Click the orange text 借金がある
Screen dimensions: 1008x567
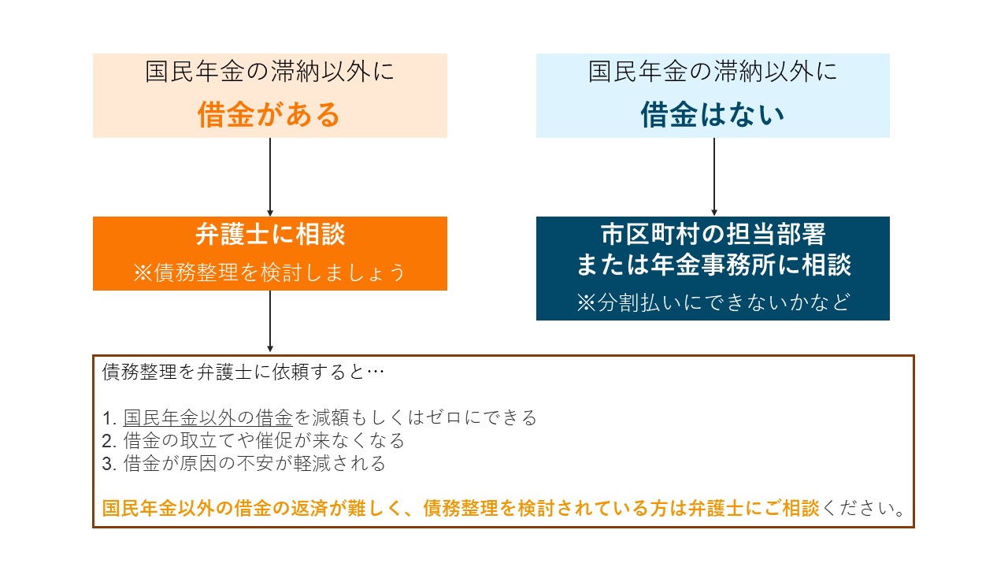click(269, 114)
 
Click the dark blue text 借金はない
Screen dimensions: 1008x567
click(713, 114)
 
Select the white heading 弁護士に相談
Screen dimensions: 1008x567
click(270, 234)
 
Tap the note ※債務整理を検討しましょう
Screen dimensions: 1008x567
click(269, 272)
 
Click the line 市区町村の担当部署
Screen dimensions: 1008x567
click(713, 234)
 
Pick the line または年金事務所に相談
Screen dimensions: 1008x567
click(713, 264)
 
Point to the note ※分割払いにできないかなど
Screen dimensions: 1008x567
click(713, 302)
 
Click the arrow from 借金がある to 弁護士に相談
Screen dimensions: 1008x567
click(270, 177)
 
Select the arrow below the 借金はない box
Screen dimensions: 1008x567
click(714, 177)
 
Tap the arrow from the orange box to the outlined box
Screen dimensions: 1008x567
click(270, 321)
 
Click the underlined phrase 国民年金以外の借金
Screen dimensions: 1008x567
click(208, 417)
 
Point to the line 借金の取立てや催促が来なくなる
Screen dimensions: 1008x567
click(264, 440)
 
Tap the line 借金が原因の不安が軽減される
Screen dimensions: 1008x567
click(254, 464)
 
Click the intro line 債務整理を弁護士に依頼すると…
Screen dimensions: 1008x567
click(243, 372)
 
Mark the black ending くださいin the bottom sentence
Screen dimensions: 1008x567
click(858, 509)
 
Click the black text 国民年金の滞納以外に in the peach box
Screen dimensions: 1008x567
click(269, 72)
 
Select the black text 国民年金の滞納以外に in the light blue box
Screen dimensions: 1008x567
click(713, 72)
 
